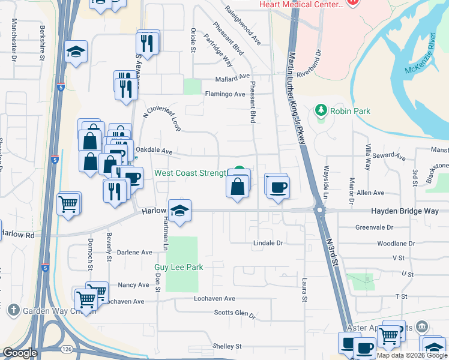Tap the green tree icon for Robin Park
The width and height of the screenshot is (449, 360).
[321, 111]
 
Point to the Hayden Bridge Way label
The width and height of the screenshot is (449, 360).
[388, 211]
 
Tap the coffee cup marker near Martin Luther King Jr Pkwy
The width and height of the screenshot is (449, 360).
[277, 187]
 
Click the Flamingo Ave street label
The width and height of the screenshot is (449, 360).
[225, 94]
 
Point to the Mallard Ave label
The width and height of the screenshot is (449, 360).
[232, 77]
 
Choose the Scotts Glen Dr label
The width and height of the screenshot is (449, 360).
[235, 313]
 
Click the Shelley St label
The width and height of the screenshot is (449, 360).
[226, 347]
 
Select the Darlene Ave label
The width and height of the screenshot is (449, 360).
[134, 253]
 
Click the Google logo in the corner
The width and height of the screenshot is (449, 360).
[20, 353]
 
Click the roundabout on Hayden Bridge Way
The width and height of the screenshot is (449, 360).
[319, 211]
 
